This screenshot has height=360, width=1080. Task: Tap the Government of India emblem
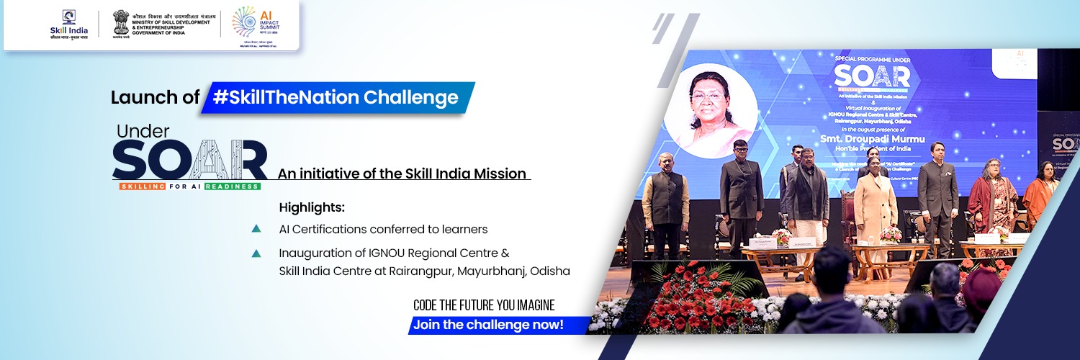pyautogui.click(x=121, y=24)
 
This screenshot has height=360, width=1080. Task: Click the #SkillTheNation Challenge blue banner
pyautogui.click(x=338, y=98)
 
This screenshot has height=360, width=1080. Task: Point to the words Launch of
pyautogui.click(x=155, y=98)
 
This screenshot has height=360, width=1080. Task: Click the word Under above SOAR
pyautogui.click(x=143, y=131)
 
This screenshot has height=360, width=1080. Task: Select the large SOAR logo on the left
pyautogui.click(x=190, y=160)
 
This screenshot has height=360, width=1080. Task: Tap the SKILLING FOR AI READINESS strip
pyautogui.click(x=190, y=186)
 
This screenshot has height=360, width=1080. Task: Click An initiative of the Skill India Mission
pyautogui.click(x=402, y=174)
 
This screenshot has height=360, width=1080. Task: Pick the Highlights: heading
pyautogui.click(x=312, y=208)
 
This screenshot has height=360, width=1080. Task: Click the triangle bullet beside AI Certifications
pyautogui.click(x=256, y=229)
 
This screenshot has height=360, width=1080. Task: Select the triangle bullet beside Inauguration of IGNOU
pyautogui.click(x=256, y=253)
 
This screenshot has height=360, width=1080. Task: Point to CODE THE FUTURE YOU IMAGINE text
pyautogui.click(x=484, y=305)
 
